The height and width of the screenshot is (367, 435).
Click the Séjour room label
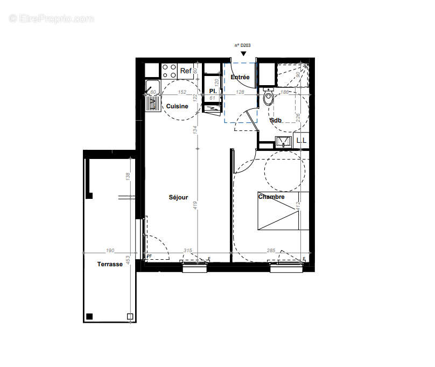pyautogui.click(x=178, y=197)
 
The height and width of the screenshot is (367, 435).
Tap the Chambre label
pyautogui.click(x=271, y=197)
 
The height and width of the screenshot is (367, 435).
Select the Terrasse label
pyautogui.click(x=110, y=264)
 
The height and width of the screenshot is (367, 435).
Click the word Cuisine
pyautogui.click(x=177, y=106)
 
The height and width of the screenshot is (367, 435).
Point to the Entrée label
pyautogui.click(x=240, y=78)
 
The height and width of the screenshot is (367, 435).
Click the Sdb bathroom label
pyautogui.click(x=276, y=120)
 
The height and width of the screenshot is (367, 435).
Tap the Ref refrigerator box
pyautogui.click(x=186, y=71)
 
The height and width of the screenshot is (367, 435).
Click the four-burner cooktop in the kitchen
pyautogui.click(x=170, y=71)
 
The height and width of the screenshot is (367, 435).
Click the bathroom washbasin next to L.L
pyautogui.click(x=283, y=142)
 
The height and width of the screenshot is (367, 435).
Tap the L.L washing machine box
pyautogui.click(x=301, y=141)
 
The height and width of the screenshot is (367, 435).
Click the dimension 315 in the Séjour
pyautogui.click(x=188, y=251)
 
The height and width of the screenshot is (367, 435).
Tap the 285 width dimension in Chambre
pyautogui.click(x=271, y=251)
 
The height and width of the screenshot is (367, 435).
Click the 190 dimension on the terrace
pyautogui.click(x=110, y=251)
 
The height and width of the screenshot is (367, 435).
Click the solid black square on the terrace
pyautogui.click(x=90, y=316)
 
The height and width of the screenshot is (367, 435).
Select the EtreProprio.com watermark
pyautogui.click(x=52, y=19)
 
